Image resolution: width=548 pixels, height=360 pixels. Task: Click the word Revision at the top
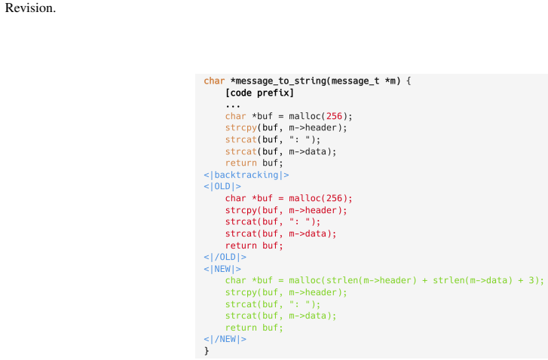[30, 8]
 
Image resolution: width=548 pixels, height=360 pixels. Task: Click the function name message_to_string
[280, 81]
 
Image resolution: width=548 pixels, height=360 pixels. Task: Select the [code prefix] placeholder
[259, 93]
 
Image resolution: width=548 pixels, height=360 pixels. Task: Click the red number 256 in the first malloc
[334, 116]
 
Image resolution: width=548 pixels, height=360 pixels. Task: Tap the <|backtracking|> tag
[246, 175]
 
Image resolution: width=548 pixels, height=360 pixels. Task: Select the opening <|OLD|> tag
[222, 187]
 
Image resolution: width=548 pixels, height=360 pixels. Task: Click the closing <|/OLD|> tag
[225, 258]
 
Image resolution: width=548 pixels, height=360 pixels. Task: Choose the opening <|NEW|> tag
[222, 269]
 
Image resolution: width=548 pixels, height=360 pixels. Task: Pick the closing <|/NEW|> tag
[225, 339]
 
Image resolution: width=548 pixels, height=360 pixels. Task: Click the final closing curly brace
[207, 351]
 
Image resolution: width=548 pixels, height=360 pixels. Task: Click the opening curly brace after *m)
[409, 81]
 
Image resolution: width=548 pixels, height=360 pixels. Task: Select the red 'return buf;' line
[254, 246]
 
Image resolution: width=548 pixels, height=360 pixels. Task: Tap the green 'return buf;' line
[254, 328]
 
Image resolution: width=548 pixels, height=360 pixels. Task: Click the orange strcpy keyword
[241, 128]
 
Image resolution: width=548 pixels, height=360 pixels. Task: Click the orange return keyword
[241, 163]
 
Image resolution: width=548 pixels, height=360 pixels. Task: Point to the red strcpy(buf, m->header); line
[286, 210]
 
